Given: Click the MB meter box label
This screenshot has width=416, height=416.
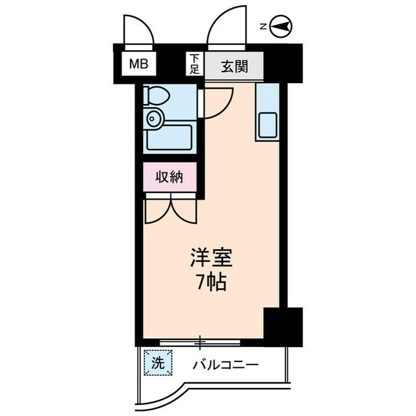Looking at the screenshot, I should pyautogui.click(x=137, y=64).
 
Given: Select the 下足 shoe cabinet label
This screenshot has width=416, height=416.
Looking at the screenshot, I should pyautogui.click(x=194, y=64).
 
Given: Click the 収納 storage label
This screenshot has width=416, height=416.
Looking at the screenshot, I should pyautogui.click(x=170, y=177).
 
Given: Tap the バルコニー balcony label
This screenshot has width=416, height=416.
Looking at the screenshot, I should pyautogui.click(x=226, y=365).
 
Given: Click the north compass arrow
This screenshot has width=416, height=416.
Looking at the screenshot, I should pyautogui.click(x=281, y=27).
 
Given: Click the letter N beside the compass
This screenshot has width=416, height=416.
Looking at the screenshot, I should pyautogui.click(x=263, y=27).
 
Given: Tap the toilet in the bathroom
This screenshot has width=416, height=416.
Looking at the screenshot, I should pyautogui.click(x=156, y=96).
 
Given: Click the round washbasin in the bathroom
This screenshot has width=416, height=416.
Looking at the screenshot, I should pyautogui.click(x=155, y=118).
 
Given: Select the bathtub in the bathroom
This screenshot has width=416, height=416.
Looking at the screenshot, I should pyautogui.click(x=169, y=137).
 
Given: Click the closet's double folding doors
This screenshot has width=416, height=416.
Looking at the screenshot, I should pyautogui.click(x=170, y=208).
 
